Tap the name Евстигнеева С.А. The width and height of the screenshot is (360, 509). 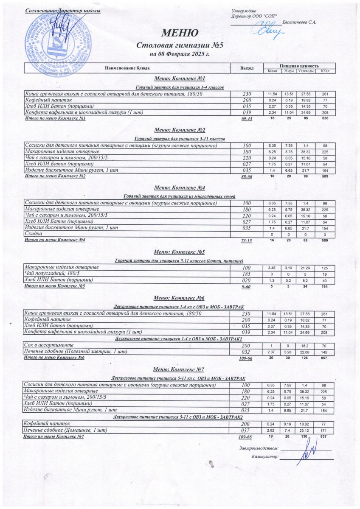tap(299, 22)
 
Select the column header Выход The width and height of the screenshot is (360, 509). tap(247, 68)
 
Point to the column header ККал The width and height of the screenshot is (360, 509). tap(326, 71)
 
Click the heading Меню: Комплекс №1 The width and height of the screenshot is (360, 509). tap(180, 79)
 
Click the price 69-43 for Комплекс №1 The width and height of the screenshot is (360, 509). tap(247, 119)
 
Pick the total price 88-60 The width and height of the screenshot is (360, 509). tap(247, 176)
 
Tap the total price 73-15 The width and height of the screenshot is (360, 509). tap(247, 241)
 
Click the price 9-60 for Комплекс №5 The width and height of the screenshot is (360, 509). tap(247, 287)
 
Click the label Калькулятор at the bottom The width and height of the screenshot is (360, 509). tap(264, 457)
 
